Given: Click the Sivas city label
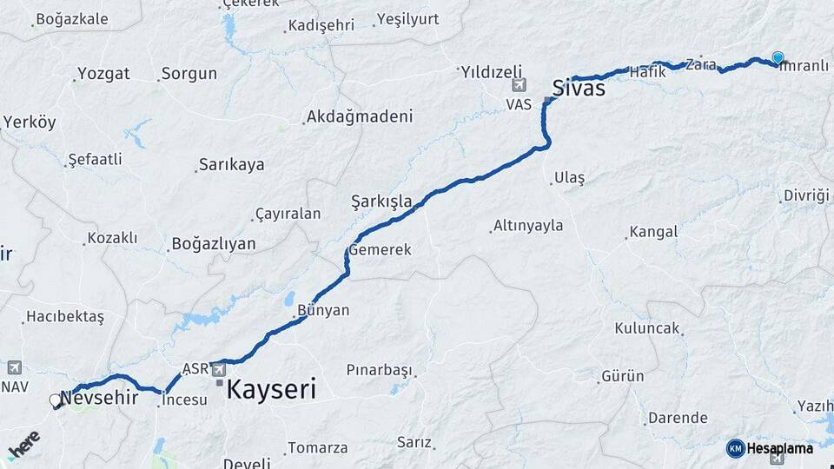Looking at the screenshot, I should tap(579, 87).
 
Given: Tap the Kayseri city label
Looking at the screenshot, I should tap(270, 389).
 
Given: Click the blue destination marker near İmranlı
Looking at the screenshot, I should tap(778, 57).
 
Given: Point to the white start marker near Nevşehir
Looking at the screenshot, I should tap(56, 400).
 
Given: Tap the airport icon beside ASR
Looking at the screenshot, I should tap(218, 370).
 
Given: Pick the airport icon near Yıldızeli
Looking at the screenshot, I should tap(519, 85).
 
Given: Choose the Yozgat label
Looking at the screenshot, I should tap(103, 74).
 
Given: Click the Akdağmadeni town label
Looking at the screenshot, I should tap(360, 116).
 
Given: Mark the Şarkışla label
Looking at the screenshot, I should tap(381, 201).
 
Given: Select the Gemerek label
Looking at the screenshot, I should tap(380, 249).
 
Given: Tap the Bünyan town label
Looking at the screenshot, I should tap(323, 310).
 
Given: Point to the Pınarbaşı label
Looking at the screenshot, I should tap(378, 370).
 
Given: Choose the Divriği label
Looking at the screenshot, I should tap(806, 195).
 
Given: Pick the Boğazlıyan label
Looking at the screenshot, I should tap(214, 243).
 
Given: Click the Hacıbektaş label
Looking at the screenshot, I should tap(64, 317).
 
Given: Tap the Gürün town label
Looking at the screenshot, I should tap(622, 376).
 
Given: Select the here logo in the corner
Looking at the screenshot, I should tap(23, 446).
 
